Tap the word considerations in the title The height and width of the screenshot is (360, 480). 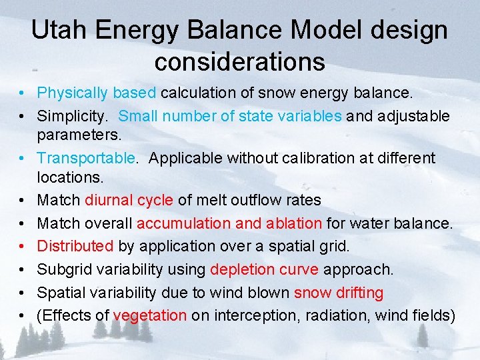click(x=239, y=61)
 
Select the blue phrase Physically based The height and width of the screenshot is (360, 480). click(x=97, y=93)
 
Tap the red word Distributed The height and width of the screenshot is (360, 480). click(x=75, y=246)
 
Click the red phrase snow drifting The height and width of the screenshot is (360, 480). click(x=339, y=292)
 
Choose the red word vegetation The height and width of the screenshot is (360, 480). click(x=150, y=315)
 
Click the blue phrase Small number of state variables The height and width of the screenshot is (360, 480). click(x=230, y=116)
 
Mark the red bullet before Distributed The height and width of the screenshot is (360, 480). click(x=22, y=246)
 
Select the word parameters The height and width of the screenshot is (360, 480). click(x=79, y=135)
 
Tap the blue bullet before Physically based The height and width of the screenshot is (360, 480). click(x=22, y=93)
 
